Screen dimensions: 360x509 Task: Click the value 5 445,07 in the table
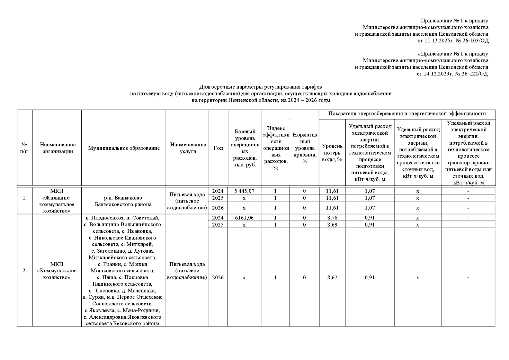click(x=244, y=191)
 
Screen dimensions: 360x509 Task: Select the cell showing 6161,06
click(x=244, y=217)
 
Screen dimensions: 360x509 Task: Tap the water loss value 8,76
click(x=332, y=217)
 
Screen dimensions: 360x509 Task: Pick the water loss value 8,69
click(x=332, y=224)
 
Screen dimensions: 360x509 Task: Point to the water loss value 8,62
click(x=332, y=277)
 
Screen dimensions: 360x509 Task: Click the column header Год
click(x=218, y=148)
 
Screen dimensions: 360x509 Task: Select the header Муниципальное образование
click(x=124, y=148)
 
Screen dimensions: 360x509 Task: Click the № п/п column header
click(x=24, y=148)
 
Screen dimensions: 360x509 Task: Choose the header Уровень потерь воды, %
click(x=332, y=153)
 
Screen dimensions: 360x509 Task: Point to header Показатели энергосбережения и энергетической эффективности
click(x=407, y=114)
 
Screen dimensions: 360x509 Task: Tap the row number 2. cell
click(x=25, y=271)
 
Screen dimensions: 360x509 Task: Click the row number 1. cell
click(x=25, y=198)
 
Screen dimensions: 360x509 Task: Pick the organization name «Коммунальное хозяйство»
click(x=57, y=271)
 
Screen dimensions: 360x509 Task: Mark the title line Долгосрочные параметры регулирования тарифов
click(x=260, y=87)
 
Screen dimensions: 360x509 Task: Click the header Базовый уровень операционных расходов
click(x=245, y=148)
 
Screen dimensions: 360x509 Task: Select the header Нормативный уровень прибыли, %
click(x=305, y=148)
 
